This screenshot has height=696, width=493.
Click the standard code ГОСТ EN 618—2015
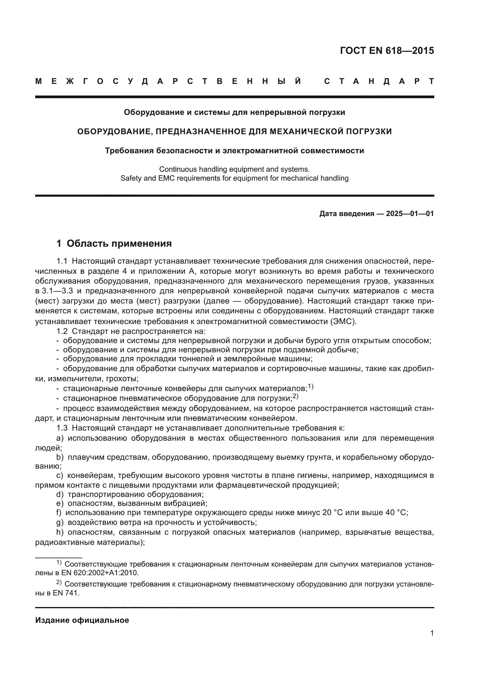pyautogui.click(x=387, y=51)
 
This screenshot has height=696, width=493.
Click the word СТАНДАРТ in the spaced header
pyautogui.click(x=379, y=81)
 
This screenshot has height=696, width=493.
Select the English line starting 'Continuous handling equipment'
pyautogui.click(x=234, y=169)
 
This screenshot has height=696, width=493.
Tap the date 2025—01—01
pyautogui.click(x=410, y=214)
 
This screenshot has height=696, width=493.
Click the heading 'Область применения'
pyautogui.click(x=119, y=243)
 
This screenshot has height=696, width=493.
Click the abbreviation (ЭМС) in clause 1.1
pyautogui.click(x=343, y=321)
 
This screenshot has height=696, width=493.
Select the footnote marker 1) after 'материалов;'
pyautogui.click(x=311, y=387)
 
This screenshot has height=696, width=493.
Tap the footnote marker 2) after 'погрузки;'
pyautogui.click(x=295, y=396)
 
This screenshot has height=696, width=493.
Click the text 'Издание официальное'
pyautogui.click(x=82, y=620)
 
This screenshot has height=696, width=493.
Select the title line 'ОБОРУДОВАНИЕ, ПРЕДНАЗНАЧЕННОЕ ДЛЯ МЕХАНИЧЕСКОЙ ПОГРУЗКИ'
pyautogui.click(x=234, y=132)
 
